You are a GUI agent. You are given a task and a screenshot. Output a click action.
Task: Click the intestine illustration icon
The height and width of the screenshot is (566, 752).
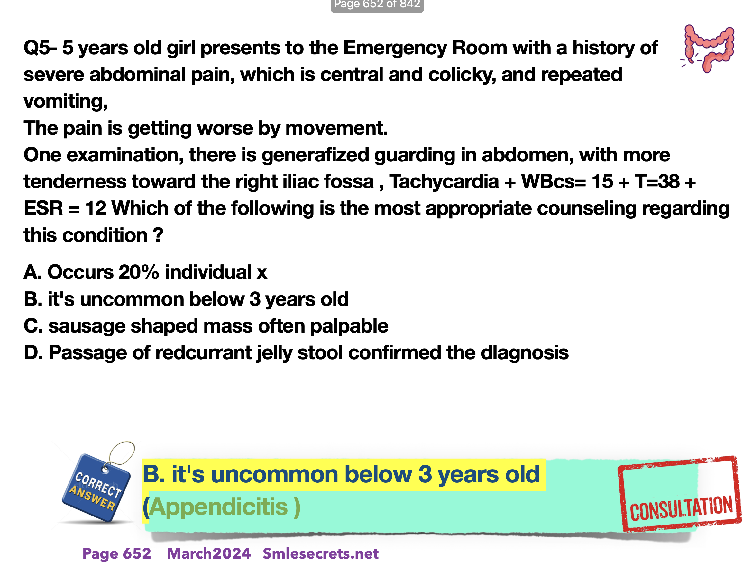click(x=708, y=48)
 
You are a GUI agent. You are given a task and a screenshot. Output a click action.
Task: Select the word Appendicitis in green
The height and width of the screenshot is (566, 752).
click(x=218, y=507)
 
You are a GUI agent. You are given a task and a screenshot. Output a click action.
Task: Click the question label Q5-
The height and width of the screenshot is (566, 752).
click(x=40, y=48)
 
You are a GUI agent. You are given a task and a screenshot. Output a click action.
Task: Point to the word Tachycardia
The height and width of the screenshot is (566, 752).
click(x=444, y=181)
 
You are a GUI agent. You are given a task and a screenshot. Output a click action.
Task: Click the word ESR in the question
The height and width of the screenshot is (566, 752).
click(x=43, y=208)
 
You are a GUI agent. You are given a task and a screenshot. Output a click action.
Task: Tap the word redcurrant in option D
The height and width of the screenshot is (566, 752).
click(x=203, y=352)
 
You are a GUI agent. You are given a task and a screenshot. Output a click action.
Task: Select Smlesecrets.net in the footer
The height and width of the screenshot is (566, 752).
click(x=321, y=553)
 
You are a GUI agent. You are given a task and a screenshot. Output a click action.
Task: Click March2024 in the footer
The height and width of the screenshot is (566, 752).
click(x=209, y=553)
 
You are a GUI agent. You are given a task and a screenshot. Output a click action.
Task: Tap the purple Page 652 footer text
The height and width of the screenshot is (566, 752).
click(x=117, y=553)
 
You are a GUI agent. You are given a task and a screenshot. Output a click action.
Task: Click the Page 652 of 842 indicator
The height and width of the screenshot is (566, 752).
click(x=377, y=5)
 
